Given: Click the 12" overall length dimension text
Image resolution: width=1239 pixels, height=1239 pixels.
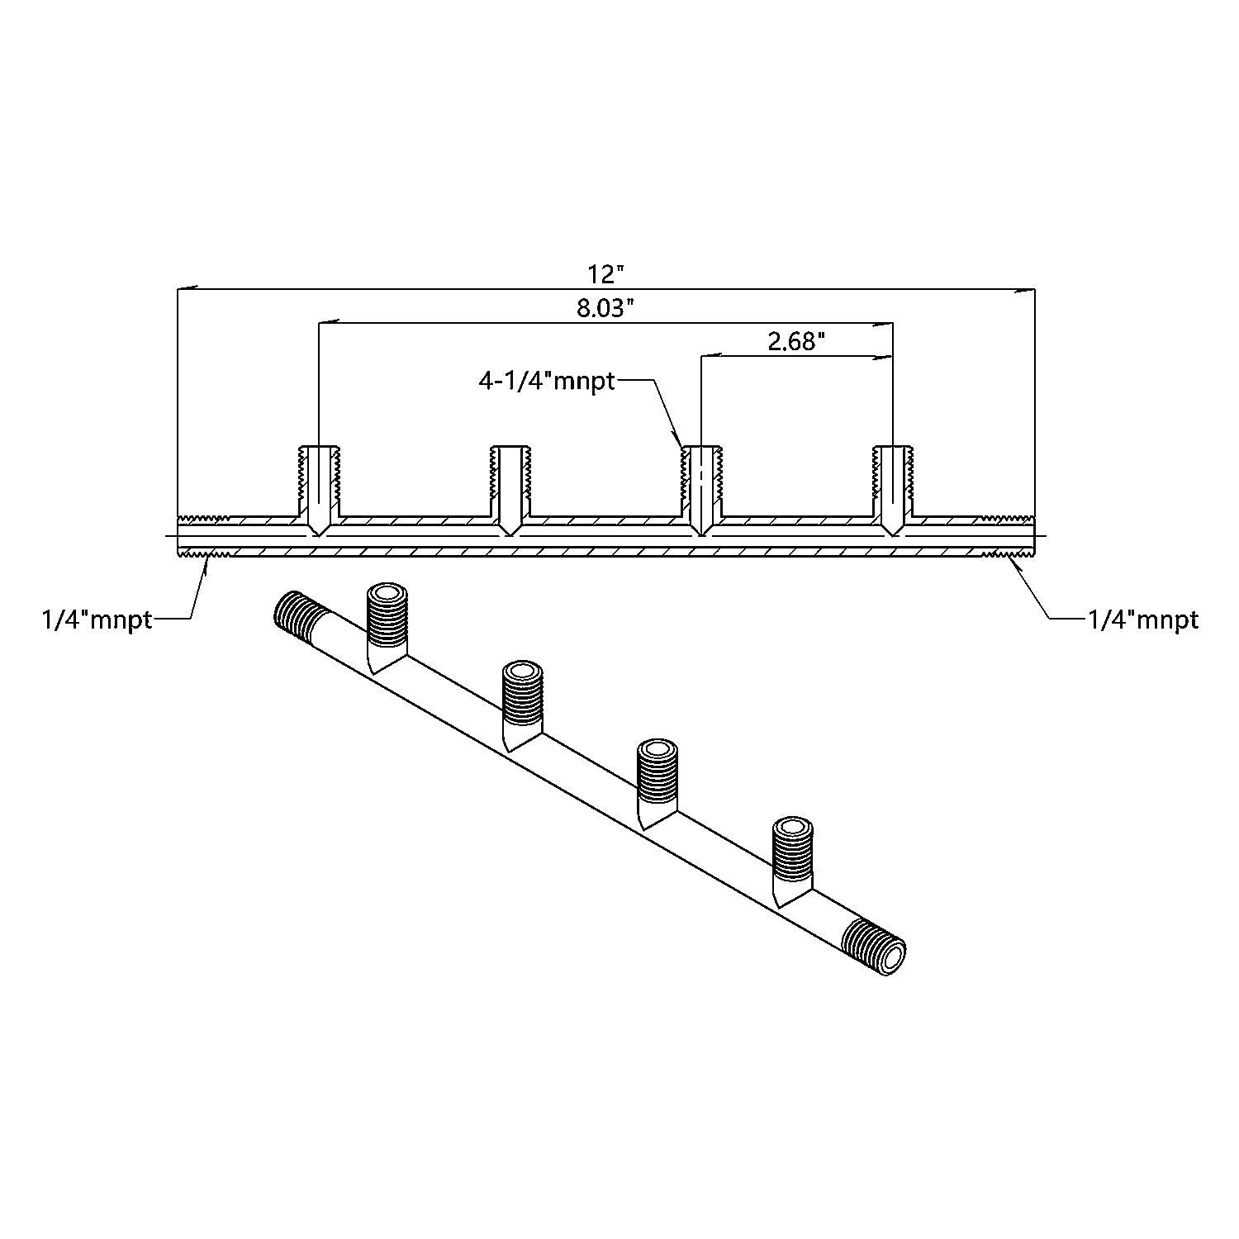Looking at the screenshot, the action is pyautogui.click(x=605, y=273).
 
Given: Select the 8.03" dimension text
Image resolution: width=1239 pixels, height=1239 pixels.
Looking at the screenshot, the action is pyautogui.click(x=605, y=308).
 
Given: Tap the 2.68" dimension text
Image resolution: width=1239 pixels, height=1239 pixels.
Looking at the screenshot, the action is pyautogui.click(x=797, y=341).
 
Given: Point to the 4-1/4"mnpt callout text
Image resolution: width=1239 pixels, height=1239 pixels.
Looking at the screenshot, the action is pyautogui.click(x=547, y=381).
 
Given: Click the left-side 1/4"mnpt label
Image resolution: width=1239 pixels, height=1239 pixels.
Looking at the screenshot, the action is pyautogui.click(x=97, y=619).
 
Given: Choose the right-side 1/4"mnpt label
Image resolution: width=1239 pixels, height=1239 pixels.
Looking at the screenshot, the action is pyautogui.click(x=1143, y=619).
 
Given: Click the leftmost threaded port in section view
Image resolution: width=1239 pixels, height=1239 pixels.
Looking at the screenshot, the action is pyautogui.click(x=319, y=490).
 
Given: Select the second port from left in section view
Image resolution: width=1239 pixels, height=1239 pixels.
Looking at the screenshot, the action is pyautogui.click(x=511, y=490).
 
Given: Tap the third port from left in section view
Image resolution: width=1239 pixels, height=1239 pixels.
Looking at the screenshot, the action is pyautogui.click(x=701, y=490).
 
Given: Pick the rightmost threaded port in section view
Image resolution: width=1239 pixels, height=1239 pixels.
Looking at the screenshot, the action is pyautogui.click(x=893, y=490).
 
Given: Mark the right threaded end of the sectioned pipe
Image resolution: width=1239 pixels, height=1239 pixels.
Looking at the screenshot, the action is pyautogui.click(x=1007, y=536).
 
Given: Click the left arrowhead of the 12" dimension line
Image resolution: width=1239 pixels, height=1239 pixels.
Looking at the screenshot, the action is pyautogui.click(x=187, y=289).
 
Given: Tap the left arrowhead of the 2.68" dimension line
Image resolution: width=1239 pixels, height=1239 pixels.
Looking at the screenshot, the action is pyautogui.click(x=710, y=357).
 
